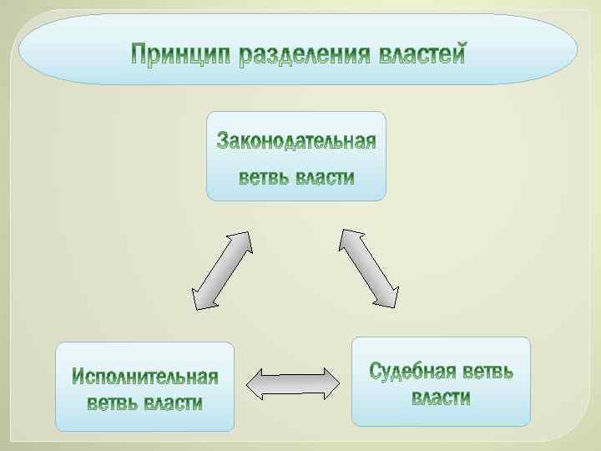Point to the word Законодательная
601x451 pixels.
(296, 140)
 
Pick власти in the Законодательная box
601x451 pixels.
(326, 178)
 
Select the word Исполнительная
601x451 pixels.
(144, 378)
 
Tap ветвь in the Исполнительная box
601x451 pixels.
(113, 403)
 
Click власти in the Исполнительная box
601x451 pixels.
(174, 403)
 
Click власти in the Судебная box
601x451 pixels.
(441, 398)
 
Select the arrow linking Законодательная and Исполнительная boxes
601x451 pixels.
(221, 270)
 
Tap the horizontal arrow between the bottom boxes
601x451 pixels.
(293, 383)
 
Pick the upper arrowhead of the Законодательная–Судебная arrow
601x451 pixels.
(346, 239)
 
